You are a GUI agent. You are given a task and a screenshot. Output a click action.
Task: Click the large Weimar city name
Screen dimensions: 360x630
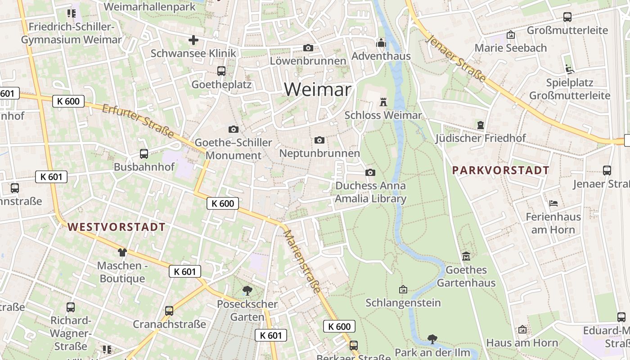click(x=317, y=90)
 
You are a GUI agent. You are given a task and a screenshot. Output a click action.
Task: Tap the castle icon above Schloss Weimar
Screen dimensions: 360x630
click(x=383, y=102)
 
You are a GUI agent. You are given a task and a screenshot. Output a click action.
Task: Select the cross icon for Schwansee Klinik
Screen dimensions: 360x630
click(x=193, y=40)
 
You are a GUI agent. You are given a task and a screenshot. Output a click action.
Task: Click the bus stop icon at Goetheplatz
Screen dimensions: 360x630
click(x=221, y=71)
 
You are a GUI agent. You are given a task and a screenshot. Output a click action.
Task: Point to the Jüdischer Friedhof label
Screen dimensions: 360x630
click(x=480, y=138)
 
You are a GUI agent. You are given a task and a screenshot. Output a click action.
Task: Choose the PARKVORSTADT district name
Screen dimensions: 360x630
click(x=500, y=170)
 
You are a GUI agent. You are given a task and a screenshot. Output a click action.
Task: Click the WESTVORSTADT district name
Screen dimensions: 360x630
click(x=117, y=227)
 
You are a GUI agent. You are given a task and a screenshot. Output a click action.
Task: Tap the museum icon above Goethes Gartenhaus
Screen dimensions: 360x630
click(x=466, y=256)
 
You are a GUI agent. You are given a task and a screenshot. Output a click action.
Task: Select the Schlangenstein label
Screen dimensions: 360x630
click(x=403, y=302)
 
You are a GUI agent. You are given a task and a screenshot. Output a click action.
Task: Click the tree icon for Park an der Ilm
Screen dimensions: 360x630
click(x=432, y=338)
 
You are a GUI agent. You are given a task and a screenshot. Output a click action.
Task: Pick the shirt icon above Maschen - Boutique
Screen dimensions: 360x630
click(x=122, y=252)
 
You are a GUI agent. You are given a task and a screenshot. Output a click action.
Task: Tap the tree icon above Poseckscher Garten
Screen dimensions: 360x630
click(x=247, y=290)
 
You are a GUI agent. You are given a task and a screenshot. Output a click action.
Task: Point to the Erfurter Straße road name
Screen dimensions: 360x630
click(x=138, y=121)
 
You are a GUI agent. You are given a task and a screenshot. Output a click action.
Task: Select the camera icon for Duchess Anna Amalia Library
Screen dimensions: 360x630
click(x=370, y=172)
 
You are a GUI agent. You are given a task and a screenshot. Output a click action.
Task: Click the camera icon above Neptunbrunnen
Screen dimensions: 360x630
click(x=319, y=140)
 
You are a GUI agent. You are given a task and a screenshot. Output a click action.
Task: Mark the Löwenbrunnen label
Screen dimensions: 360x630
click(x=308, y=61)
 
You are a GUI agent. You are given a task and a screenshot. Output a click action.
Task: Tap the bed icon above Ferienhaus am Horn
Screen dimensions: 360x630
click(x=553, y=203)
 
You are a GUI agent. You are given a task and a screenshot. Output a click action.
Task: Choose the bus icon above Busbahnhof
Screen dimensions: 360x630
click(x=144, y=153)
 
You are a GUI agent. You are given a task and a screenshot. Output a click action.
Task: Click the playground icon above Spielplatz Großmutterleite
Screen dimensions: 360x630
click(x=569, y=69)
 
